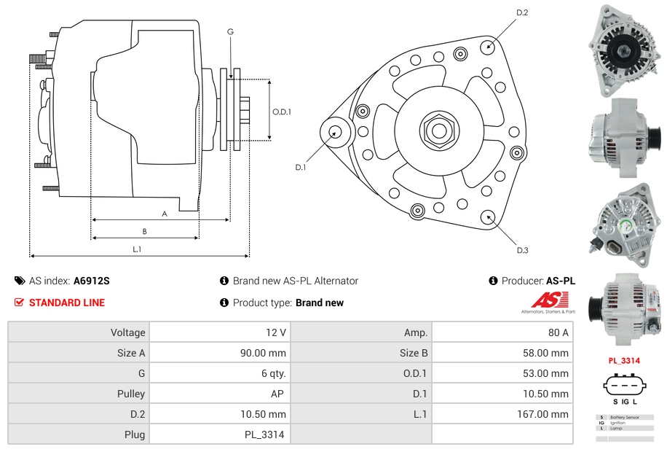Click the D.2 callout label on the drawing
(x=521, y=13)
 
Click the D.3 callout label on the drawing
(x=521, y=250)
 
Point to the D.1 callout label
(x=300, y=168)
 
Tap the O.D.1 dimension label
(x=281, y=112)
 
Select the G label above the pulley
(x=230, y=31)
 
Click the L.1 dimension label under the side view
(x=136, y=249)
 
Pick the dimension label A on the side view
(x=165, y=214)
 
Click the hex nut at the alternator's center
(x=438, y=130)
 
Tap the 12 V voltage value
(x=275, y=332)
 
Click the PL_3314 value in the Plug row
(x=264, y=435)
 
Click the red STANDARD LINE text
(x=67, y=303)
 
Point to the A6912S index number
(x=92, y=281)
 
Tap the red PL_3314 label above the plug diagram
(x=624, y=361)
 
